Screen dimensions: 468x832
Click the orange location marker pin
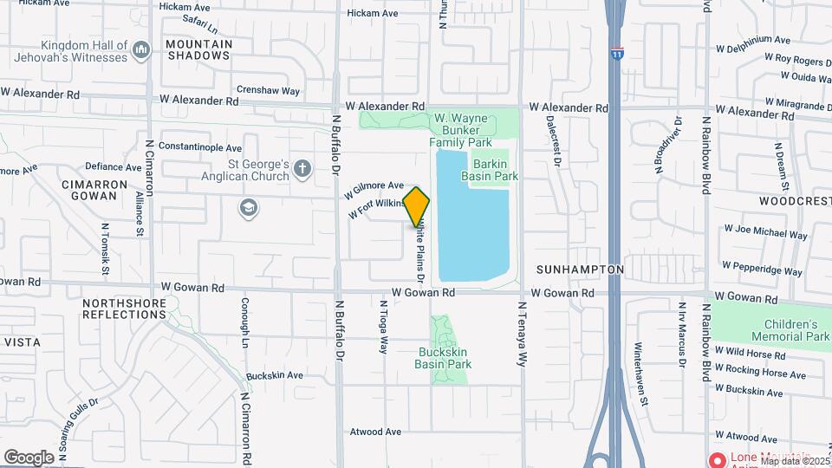coord(417,206)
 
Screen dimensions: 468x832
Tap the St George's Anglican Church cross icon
coord(302,168)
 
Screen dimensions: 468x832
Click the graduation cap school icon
coord(249,207)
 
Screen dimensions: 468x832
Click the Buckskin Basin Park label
coord(445,358)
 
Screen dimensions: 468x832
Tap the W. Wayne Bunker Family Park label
coord(463,130)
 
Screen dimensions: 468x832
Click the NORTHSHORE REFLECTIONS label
coord(123,309)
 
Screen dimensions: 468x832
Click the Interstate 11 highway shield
coord(616,54)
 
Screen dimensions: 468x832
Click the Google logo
coord(29,457)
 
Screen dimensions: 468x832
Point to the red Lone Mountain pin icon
coord(717,459)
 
